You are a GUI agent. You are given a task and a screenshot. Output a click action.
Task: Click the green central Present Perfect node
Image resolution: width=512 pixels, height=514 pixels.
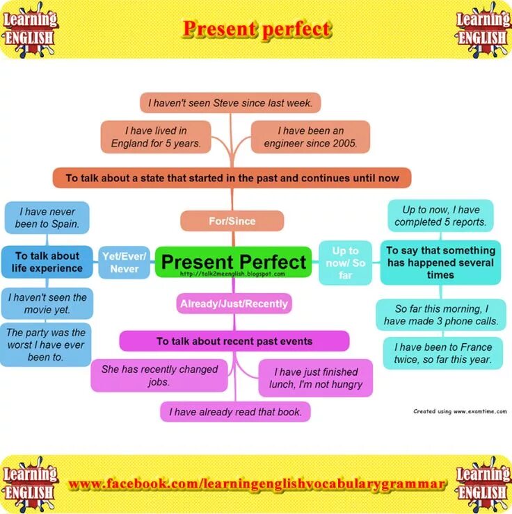tap(233, 262)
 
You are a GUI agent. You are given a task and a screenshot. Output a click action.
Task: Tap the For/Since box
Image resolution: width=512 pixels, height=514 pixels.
tap(232, 221)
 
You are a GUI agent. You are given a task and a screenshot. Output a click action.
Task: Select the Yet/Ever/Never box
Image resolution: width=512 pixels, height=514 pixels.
tap(124, 262)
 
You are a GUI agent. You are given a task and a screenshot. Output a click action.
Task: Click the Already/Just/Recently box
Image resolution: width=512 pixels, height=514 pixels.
tap(233, 304)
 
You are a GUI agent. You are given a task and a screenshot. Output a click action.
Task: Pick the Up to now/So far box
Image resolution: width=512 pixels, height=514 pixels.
tap(345, 262)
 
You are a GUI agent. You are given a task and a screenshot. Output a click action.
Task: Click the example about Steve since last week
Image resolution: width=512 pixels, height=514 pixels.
tap(230, 103)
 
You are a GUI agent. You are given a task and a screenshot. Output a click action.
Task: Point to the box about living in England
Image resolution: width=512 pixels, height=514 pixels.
tap(156, 137)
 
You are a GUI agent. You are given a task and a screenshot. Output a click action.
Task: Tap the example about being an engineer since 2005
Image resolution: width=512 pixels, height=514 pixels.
tap(310, 137)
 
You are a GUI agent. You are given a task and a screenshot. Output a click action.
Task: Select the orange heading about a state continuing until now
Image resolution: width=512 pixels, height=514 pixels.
tap(232, 178)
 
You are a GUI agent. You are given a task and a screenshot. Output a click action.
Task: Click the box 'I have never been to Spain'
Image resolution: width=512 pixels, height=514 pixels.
tap(47, 217)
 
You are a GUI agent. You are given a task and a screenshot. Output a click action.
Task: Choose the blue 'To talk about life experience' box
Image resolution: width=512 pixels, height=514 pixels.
tap(47, 262)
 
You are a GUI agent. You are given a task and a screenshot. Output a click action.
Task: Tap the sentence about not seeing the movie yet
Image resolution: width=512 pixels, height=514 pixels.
tap(47, 303)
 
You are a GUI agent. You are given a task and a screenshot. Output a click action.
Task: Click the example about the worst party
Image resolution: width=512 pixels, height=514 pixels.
tap(46, 345)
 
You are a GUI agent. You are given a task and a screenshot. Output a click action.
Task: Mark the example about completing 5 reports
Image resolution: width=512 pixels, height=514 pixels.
tap(440, 216)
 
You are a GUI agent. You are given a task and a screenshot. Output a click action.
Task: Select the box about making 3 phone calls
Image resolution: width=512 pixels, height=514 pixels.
tap(440, 315)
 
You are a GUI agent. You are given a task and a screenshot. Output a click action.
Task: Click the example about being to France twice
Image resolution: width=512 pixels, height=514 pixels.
tap(442, 354)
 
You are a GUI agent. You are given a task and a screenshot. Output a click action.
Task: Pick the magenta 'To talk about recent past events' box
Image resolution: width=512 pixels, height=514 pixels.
tap(234, 341)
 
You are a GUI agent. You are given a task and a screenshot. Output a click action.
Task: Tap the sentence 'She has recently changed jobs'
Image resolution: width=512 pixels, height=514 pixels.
tap(159, 375)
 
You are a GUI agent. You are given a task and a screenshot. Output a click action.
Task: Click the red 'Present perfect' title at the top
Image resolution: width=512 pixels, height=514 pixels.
tap(256, 29)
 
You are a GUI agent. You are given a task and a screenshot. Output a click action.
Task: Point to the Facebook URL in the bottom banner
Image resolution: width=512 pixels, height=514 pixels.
tap(256, 483)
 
